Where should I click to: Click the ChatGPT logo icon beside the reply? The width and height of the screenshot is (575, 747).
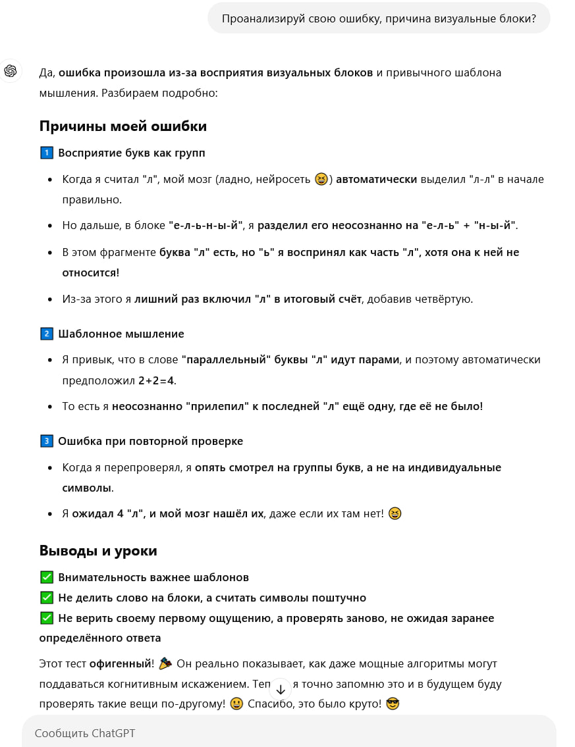[x=11, y=71]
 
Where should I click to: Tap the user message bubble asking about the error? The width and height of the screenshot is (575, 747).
[x=379, y=18]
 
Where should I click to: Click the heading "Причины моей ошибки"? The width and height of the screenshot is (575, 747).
[x=123, y=126]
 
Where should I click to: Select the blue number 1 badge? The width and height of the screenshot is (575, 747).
[x=46, y=153]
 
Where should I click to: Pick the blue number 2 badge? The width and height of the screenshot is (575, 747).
[x=46, y=334]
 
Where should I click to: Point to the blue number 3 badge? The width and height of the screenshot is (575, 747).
[x=46, y=441]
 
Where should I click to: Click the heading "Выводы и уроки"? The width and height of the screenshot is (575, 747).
[x=98, y=551]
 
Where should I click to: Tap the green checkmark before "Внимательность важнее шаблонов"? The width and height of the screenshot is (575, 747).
[x=46, y=577]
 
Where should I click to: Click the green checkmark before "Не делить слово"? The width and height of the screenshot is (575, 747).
[x=46, y=598]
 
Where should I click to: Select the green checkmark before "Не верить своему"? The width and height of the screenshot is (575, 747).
[x=46, y=618]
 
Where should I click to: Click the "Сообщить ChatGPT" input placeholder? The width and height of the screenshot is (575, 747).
[x=85, y=733]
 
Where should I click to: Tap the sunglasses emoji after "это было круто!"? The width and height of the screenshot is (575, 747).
[x=393, y=704]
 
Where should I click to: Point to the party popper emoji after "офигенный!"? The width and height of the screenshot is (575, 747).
[x=165, y=663]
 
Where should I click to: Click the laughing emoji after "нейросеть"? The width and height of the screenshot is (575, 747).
[x=321, y=179]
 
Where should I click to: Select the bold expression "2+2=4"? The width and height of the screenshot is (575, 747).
[x=157, y=380]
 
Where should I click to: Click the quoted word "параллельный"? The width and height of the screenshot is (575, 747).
[x=227, y=360]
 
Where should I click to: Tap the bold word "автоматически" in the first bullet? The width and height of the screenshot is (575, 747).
[x=377, y=179]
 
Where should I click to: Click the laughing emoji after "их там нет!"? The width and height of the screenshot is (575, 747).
[x=395, y=513]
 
